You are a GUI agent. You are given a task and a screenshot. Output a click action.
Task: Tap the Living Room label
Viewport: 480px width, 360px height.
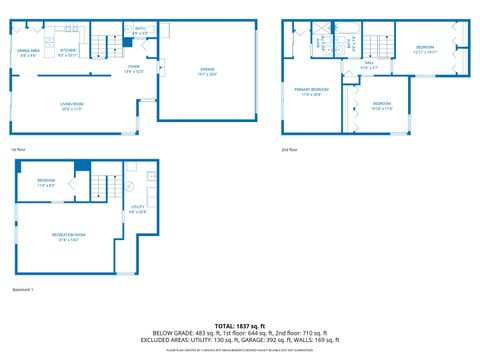tap(70, 105)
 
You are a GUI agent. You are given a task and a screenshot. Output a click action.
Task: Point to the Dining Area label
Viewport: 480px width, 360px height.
tap(28, 52)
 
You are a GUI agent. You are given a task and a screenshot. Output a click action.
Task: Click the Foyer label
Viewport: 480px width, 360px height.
tap(133, 69)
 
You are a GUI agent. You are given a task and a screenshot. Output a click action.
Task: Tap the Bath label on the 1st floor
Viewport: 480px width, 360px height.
tap(140, 31)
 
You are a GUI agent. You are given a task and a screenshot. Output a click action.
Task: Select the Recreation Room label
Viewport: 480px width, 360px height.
tap(69, 236)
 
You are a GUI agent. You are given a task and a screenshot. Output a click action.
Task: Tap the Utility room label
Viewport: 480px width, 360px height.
tap(138, 209)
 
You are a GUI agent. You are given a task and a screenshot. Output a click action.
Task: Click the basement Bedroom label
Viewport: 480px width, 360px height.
tap(47, 182)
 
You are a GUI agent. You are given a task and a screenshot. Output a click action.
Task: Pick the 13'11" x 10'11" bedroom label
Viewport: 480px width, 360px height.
tap(425, 49)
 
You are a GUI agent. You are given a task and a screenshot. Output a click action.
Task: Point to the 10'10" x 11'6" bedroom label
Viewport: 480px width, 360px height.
tap(382, 105)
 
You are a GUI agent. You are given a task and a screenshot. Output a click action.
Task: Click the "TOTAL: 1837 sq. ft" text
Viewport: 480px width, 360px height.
tap(239, 325)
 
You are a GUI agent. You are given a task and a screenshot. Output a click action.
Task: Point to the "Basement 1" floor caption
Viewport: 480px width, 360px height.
tap(23, 290)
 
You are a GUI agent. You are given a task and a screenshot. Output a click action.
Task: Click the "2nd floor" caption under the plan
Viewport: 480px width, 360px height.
tap(290, 150)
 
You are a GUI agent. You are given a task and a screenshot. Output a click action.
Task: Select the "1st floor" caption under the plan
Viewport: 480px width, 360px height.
tap(17, 150)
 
